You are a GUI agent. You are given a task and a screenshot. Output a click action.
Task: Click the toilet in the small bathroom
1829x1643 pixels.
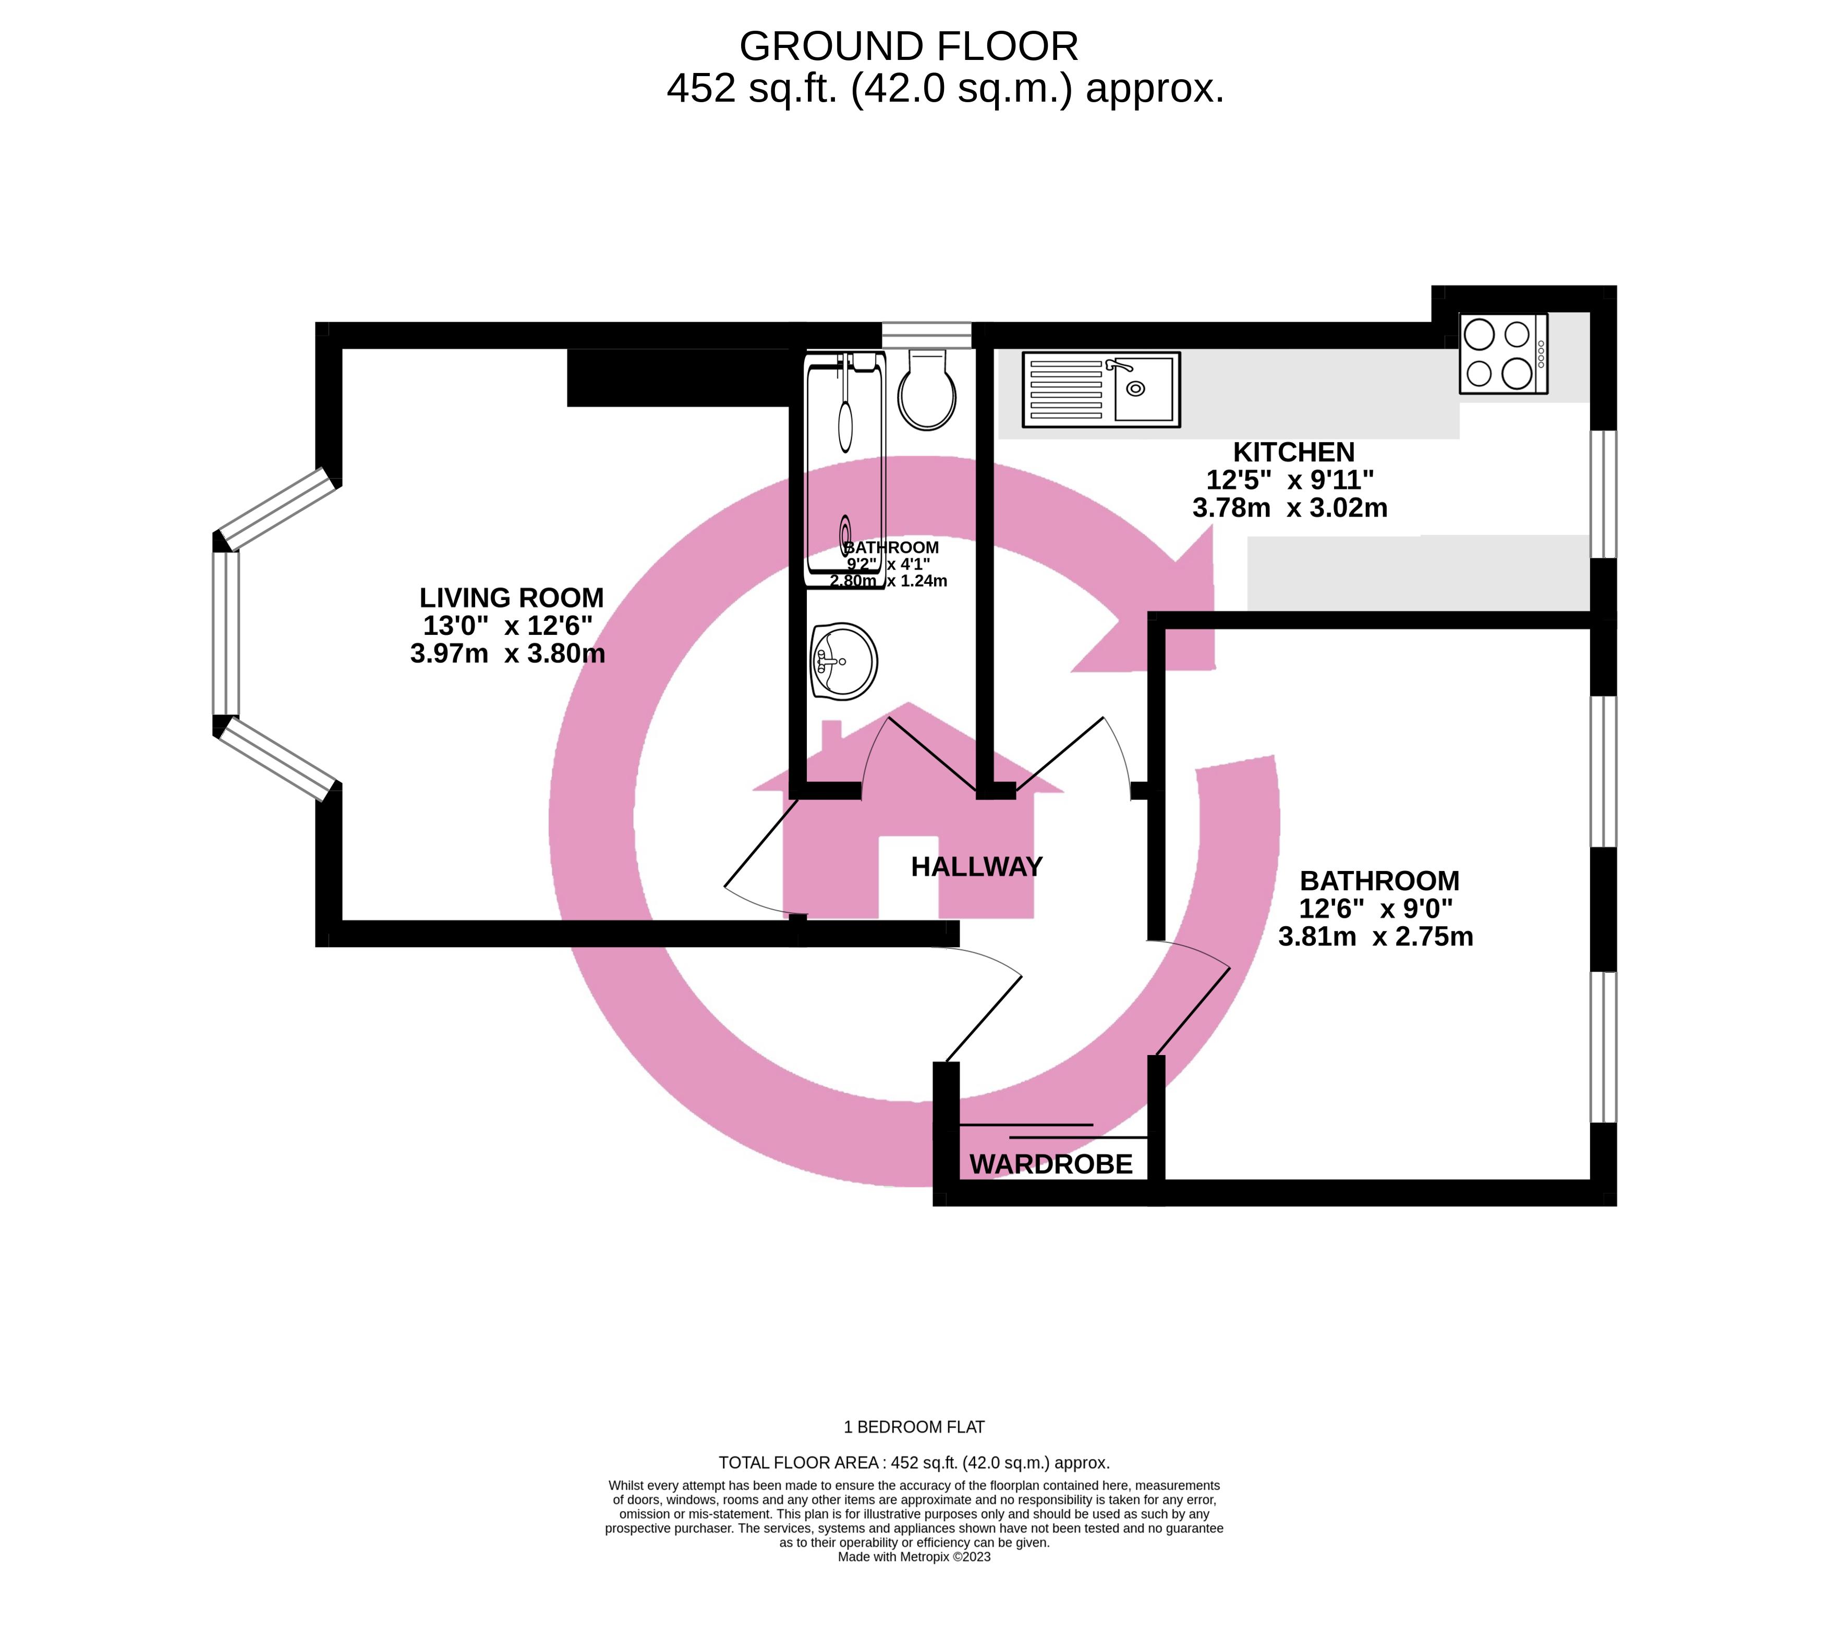click(x=927, y=390)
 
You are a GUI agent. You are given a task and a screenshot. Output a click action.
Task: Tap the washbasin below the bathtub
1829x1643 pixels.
click(x=844, y=661)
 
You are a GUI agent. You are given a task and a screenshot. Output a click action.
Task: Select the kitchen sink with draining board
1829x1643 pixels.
click(x=1101, y=389)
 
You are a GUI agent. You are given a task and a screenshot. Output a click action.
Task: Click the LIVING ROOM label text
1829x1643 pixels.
click(x=511, y=597)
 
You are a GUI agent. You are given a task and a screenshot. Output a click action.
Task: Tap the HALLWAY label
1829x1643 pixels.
click(x=976, y=867)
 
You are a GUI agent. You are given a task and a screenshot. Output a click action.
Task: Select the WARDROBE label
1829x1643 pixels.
click(x=1050, y=1164)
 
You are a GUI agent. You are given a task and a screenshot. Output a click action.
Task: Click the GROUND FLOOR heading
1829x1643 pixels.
click(x=909, y=45)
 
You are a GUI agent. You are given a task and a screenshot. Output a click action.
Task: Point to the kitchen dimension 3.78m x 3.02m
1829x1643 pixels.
click(x=1290, y=508)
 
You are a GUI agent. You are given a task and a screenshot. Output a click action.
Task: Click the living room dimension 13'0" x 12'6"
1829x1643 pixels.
click(x=507, y=626)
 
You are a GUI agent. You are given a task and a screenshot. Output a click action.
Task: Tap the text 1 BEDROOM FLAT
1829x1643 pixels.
click(x=914, y=1427)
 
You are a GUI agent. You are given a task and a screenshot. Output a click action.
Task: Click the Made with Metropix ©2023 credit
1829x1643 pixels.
click(x=914, y=1556)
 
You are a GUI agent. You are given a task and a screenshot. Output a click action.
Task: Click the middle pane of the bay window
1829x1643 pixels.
click(x=226, y=633)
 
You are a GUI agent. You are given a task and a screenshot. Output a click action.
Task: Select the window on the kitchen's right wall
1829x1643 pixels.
click(x=1603, y=494)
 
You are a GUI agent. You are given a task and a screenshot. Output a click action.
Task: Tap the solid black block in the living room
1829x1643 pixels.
click(x=679, y=377)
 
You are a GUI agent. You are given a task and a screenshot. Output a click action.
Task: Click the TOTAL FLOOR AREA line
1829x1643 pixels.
click(x=914, y=1463)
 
